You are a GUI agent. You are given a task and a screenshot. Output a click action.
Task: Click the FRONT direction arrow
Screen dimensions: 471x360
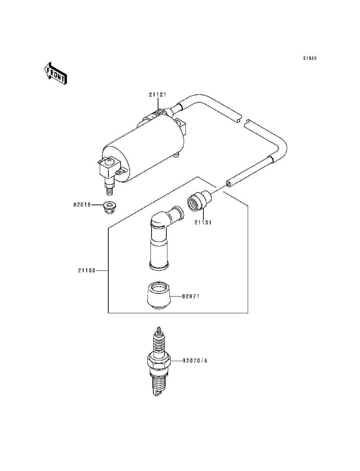pos(55,73)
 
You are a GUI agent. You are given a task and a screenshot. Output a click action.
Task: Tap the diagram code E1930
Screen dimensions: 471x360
pos(310,58)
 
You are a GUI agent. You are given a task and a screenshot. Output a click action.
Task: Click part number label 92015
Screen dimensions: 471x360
pos(82,205)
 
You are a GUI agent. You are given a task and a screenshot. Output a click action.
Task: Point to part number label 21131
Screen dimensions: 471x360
pos(203,223)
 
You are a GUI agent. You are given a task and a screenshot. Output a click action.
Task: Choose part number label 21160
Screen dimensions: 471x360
pos(87,270)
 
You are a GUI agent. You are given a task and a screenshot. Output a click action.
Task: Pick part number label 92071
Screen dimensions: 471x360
pos(190,297)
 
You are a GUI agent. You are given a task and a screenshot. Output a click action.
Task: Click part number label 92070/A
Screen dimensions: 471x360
pos(195,360)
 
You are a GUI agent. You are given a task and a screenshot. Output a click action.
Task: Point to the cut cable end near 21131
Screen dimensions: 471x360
pos(229,184)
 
